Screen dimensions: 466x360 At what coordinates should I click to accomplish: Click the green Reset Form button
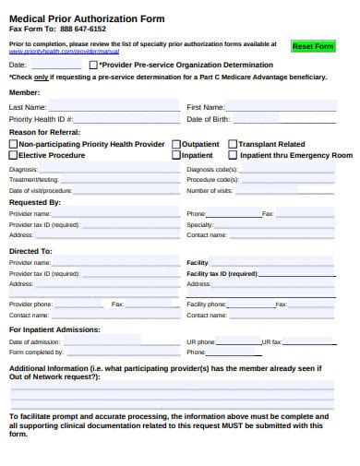(x=312, y=46)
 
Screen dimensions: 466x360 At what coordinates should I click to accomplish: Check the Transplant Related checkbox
(x=233, y=145)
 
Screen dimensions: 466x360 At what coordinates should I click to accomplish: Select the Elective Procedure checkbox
(x=13, y=156)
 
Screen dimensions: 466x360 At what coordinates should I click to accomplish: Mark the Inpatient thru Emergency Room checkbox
(x=233, y=156)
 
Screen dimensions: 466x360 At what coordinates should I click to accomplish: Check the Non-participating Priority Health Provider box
(x=13, y=145)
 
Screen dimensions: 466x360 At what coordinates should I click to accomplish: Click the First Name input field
(x=295, y=108)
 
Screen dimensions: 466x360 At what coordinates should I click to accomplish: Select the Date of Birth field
(x=295, y=120)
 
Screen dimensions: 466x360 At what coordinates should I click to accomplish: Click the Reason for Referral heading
(x=47, y=133)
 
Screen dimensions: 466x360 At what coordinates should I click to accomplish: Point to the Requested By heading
(x=35, y=202)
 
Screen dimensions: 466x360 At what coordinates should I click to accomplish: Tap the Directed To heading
(x=30, y=251)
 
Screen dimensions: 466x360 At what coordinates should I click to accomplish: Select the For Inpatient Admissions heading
(x=54, y=329)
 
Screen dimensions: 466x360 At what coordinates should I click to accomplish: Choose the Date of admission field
(x=120, y=342)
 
